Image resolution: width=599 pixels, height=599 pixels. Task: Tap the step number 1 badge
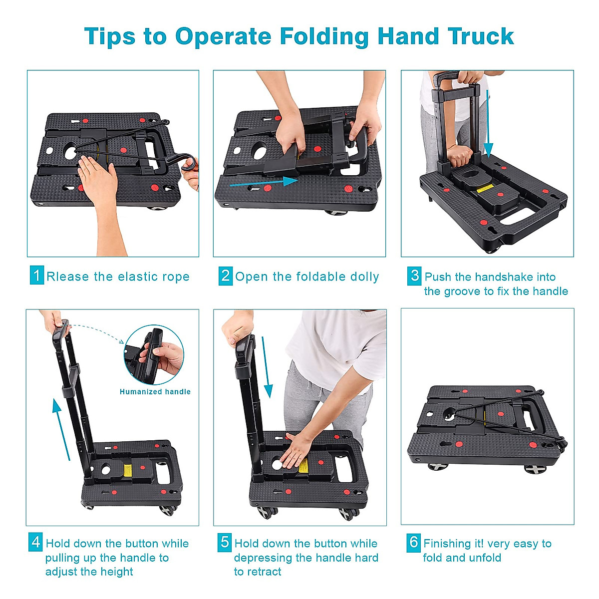[x=36, y=276]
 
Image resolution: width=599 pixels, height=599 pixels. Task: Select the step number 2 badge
[x=226, y=276]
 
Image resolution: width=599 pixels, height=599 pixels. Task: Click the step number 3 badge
[x=414, y=276]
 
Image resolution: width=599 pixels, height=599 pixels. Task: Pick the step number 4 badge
[x=36, y=542]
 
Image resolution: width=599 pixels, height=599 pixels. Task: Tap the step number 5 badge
[x=225, y=542]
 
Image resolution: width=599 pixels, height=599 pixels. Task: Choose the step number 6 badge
[x=414, y=542]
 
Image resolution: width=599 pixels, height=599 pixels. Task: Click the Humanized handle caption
[x=155, y=392]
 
